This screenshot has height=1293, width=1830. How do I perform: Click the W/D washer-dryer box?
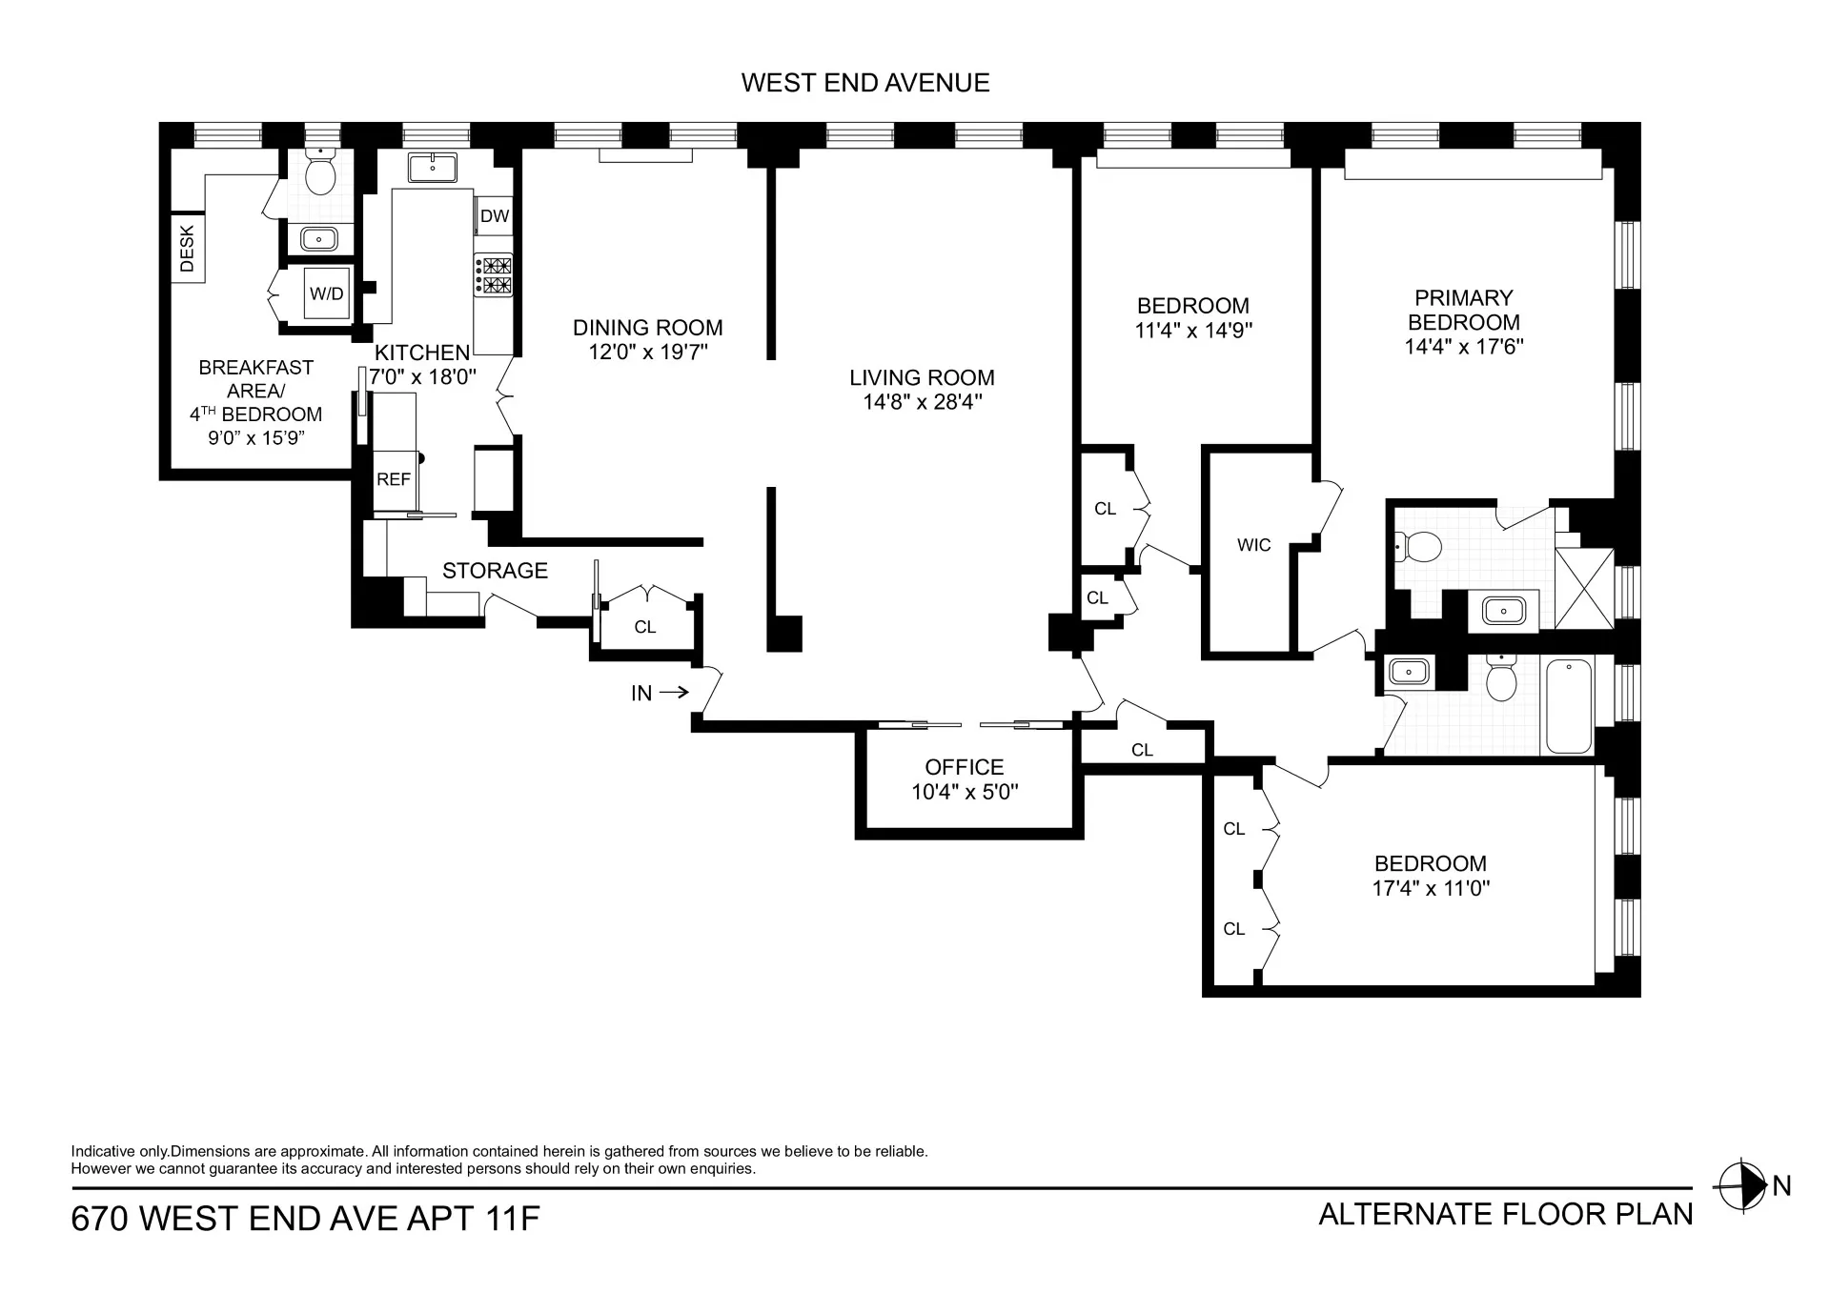pos(326,293)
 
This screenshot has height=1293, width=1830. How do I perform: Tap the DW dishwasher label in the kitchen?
pos(495,216)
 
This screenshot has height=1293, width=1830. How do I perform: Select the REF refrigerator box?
pos(393,479)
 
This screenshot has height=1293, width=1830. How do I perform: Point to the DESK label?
pos(187,248)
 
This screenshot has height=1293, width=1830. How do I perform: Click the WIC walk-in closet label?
pos(1253,545)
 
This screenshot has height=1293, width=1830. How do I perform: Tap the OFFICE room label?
pos(964,767)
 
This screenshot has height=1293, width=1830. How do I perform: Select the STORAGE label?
pos(495,571)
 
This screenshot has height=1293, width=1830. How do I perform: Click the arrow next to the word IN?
pos(674,693)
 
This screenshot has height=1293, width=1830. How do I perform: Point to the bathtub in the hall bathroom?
pos(1568,705)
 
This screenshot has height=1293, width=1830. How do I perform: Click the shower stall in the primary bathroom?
pos(1584,588)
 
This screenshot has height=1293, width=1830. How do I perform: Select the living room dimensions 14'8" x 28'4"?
pos(922,402)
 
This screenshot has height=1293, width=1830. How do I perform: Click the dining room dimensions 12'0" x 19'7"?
pos(647,353)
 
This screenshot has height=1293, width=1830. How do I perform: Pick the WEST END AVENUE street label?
pos(864,83)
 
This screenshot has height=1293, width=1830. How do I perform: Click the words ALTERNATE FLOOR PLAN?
pos(1505,1215)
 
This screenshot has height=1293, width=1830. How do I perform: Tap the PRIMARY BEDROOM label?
pos(1463,311)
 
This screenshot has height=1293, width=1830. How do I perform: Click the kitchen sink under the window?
pos(432,168)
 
